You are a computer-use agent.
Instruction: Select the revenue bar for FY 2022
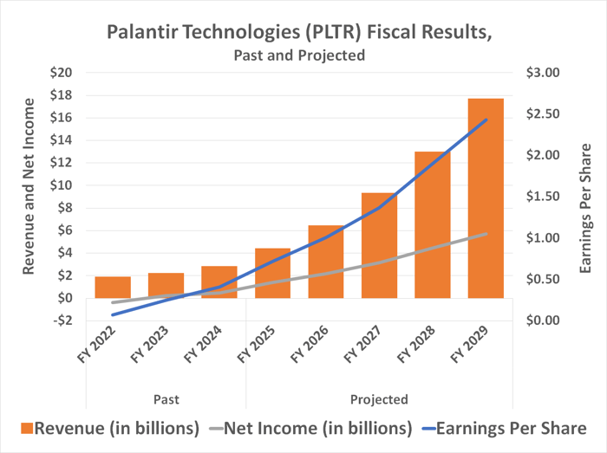click(113, 288)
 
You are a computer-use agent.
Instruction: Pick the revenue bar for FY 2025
click(272, 273)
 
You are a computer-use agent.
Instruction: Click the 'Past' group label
click(166, 399)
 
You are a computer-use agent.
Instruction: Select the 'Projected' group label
click(379, 399)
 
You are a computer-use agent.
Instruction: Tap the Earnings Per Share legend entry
click(504, 428)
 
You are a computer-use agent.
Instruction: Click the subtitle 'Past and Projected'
click(298, 55)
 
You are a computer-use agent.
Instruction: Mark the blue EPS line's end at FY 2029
click(486, 120)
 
